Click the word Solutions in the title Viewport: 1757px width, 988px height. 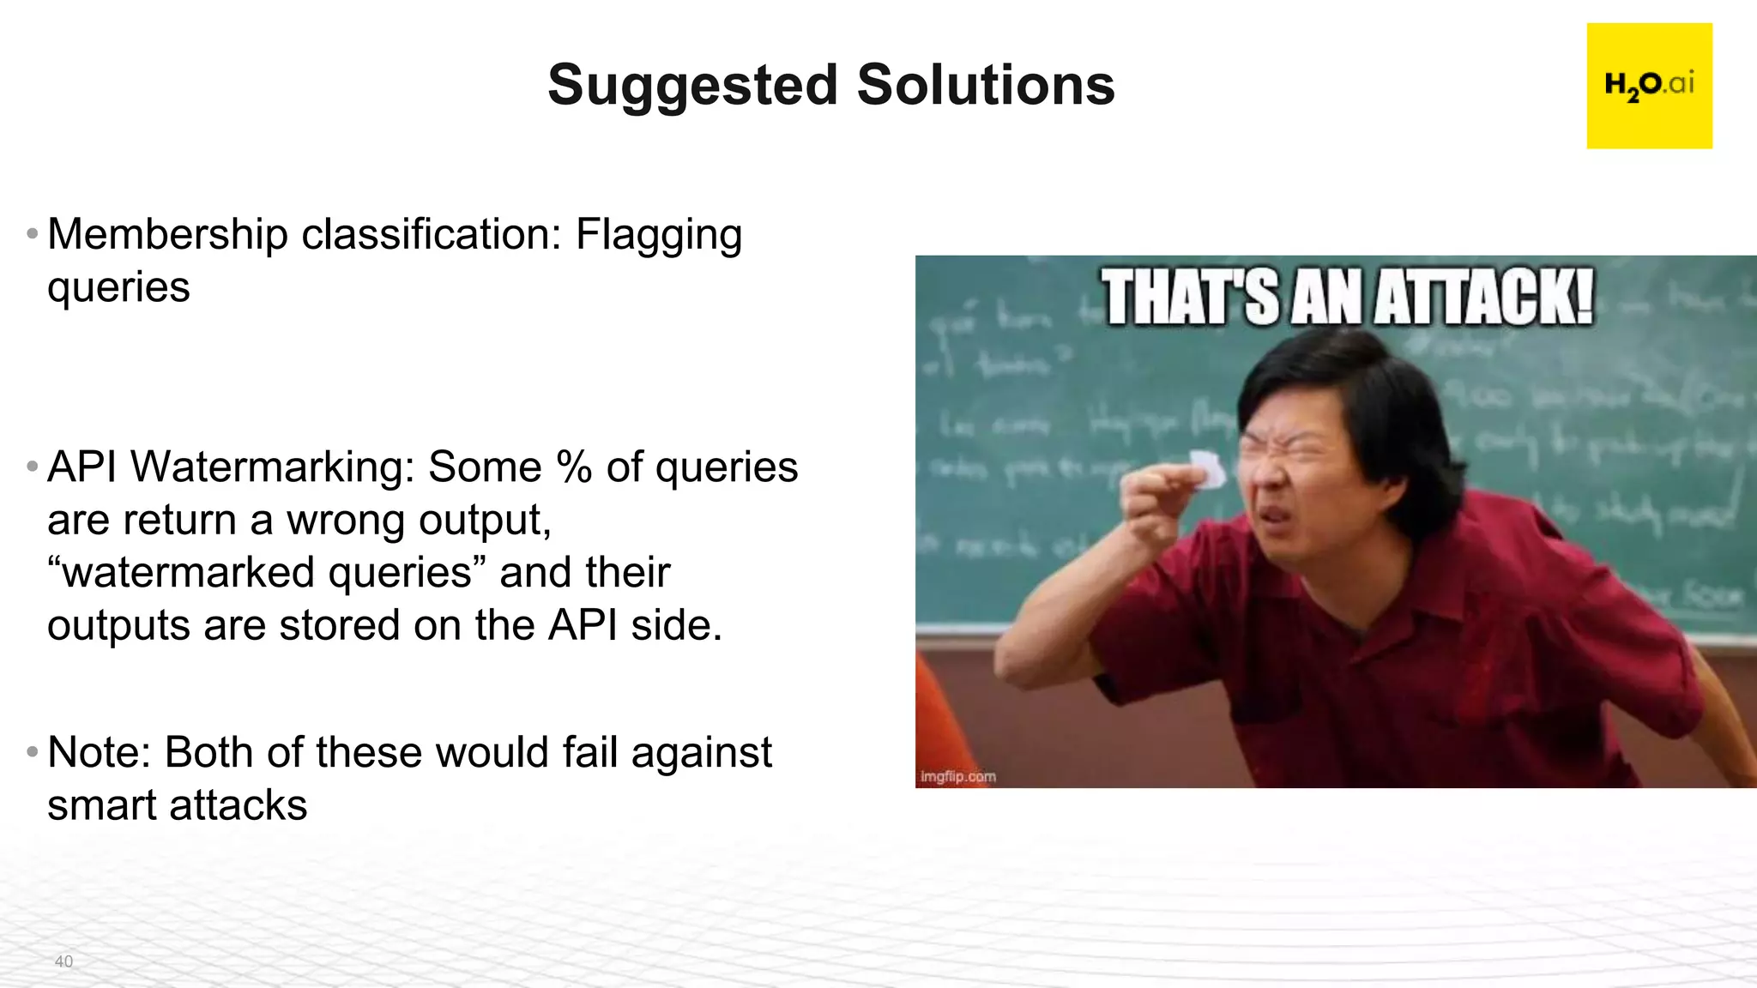986,85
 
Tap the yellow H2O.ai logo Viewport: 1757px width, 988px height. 1649,86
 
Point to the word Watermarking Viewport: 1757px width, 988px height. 272,467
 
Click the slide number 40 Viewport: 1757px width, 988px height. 63,961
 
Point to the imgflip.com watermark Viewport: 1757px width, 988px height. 957,777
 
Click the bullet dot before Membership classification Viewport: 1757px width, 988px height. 33,233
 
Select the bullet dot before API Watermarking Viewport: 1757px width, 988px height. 33,467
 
